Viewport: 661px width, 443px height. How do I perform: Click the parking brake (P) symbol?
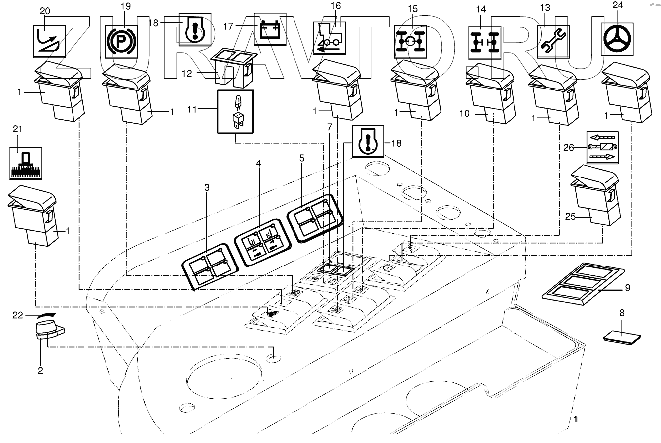click(x=118, y=39)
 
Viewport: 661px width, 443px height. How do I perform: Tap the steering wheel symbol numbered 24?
click(x=618, y=38)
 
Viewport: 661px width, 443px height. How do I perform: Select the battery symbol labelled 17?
click(x=270, y=29)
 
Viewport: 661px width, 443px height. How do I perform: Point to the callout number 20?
click(x=45, y=11)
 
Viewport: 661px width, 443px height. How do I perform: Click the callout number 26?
click(x=568, y=147)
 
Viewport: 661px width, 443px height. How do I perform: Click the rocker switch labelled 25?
click(x=594, y=197)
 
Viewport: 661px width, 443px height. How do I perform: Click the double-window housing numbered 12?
click(x=231, y=68)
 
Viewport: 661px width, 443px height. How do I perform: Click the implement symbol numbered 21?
click(x=25, y=163)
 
